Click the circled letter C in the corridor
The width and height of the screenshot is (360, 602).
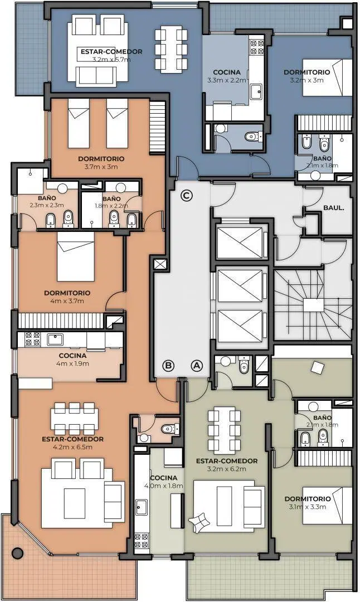187,196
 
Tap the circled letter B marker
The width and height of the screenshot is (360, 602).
168,366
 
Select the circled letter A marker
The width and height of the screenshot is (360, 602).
197,366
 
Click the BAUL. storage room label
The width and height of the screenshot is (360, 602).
333,208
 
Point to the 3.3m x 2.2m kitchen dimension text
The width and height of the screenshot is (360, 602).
226,80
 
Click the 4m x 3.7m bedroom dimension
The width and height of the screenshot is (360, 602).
67,301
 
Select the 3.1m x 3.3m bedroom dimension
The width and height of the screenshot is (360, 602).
308,507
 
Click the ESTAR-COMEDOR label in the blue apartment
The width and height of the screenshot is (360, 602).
111,51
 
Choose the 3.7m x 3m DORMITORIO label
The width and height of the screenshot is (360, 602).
101,158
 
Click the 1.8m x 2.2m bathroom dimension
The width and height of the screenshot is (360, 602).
111,206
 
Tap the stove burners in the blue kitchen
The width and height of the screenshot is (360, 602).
257,47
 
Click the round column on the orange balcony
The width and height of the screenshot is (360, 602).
17,553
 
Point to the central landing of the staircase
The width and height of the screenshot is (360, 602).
314,305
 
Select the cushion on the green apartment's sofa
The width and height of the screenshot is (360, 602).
199,523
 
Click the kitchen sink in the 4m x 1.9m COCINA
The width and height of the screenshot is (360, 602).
55,339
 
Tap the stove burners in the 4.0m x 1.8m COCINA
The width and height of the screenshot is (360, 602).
142,540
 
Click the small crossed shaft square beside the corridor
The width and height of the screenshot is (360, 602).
159,264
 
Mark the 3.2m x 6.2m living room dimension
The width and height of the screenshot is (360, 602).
227,469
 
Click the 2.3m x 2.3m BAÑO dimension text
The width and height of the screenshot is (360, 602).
47,205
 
